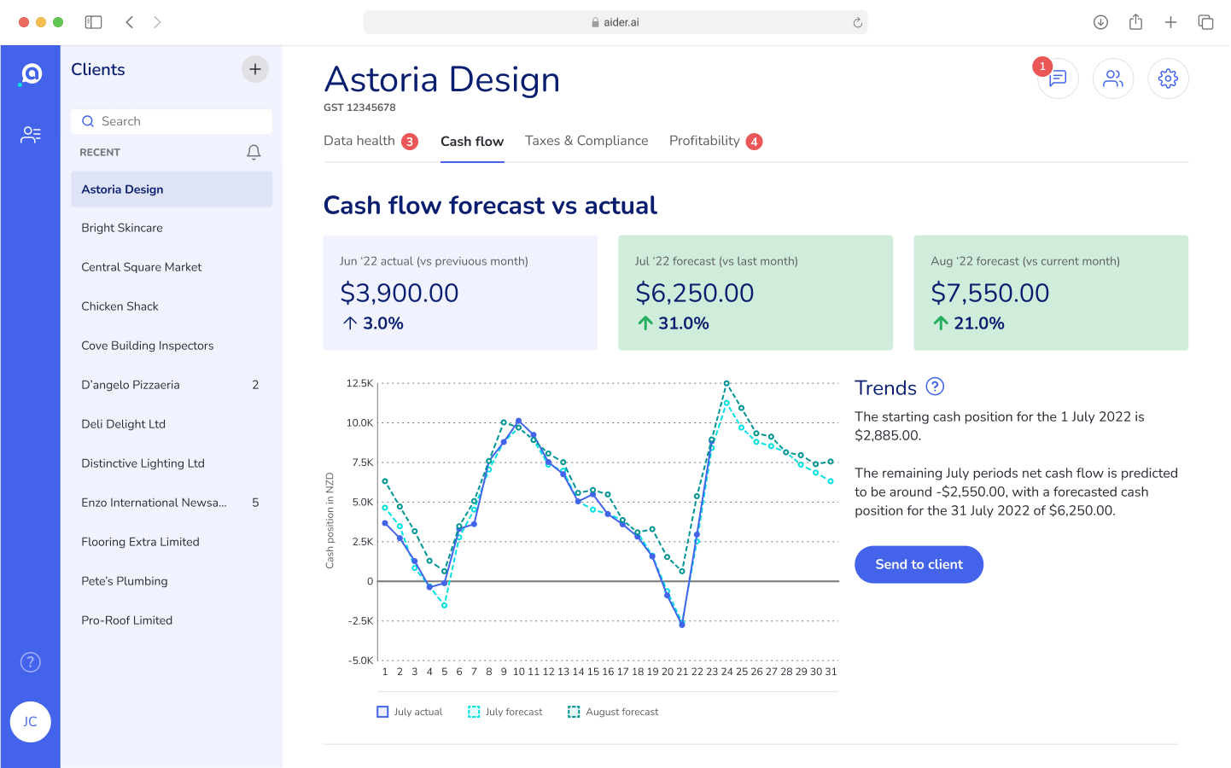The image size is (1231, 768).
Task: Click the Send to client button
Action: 919,565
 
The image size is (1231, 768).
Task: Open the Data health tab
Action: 359,141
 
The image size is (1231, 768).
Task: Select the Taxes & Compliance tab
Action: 586,141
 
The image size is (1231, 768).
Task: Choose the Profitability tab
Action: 704,141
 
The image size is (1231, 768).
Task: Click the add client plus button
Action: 255,69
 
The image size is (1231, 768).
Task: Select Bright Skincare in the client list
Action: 122,228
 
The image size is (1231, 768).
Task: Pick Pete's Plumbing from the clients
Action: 125,581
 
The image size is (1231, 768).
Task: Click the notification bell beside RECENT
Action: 254,152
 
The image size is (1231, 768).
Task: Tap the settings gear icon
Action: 1168,79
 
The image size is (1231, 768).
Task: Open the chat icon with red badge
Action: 1058,79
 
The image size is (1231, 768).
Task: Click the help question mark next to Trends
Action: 936,387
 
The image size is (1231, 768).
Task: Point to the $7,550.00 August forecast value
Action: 990,293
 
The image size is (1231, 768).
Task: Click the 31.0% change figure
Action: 683,323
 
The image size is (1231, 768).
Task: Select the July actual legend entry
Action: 411,712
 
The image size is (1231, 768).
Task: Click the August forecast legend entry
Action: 614,712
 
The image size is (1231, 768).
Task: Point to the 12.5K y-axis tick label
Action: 359,383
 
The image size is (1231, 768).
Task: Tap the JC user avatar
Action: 31,722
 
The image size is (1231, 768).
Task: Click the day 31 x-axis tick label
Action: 831,672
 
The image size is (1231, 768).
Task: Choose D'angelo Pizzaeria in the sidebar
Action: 131,385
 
